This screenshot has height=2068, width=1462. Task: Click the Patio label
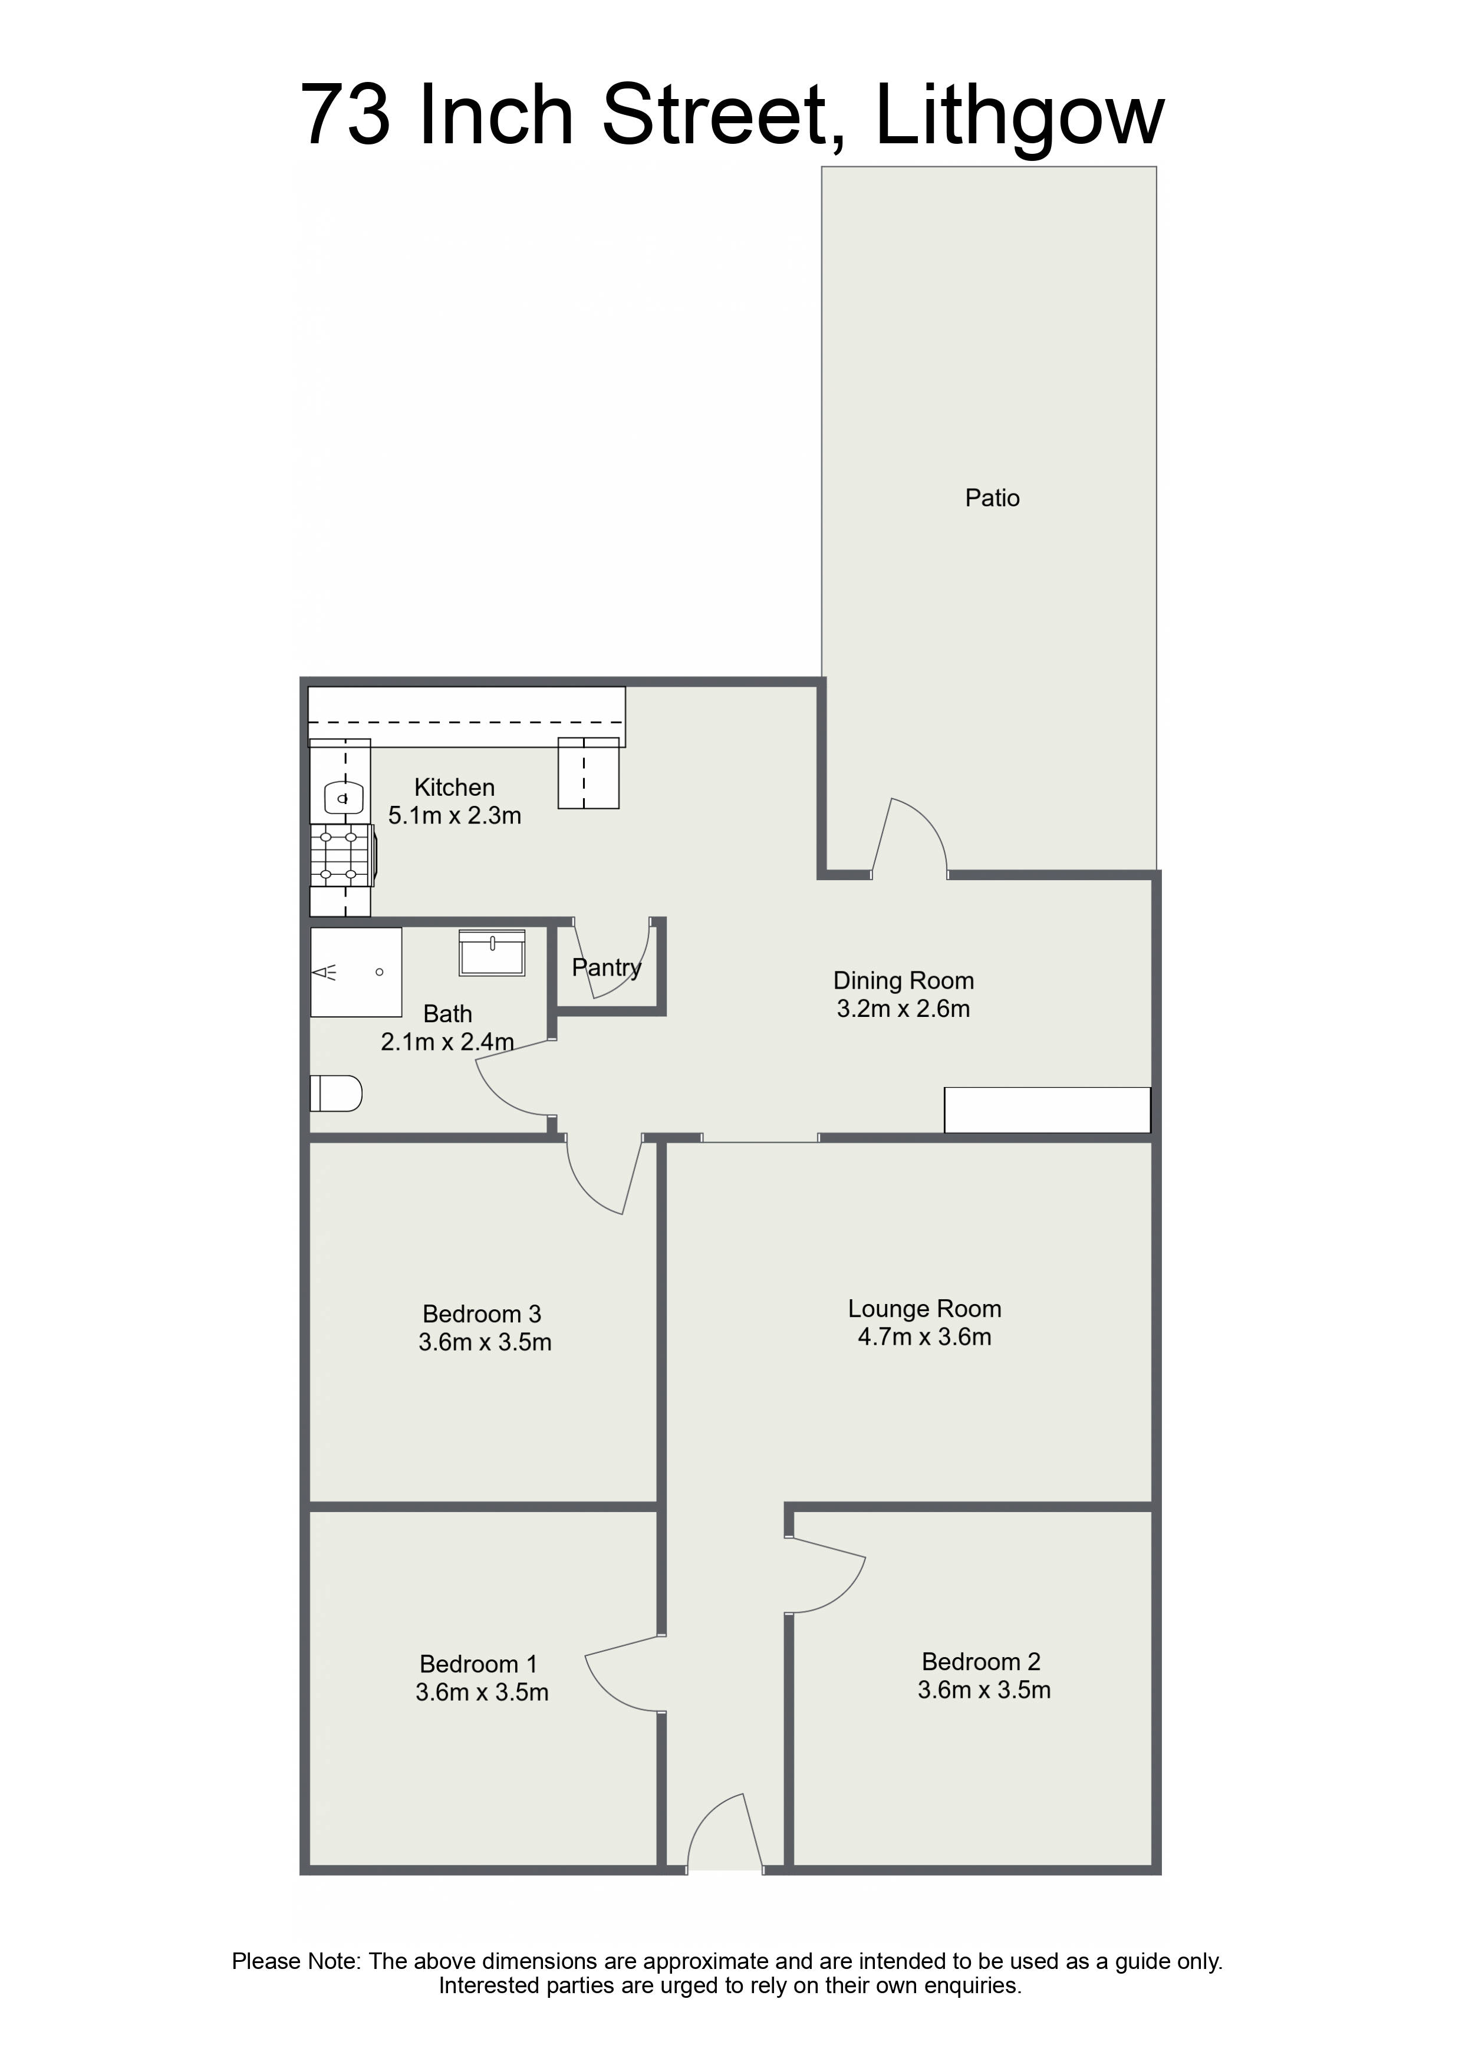pyautogui.click(x=992, y=498)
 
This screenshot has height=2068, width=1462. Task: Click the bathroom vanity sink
pyautogui.click(x=492, y=953)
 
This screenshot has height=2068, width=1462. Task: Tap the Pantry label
pyautogui.click(x=606, y=968)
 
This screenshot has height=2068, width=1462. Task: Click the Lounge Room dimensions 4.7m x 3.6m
pyautogui.click(x=924, y=1336)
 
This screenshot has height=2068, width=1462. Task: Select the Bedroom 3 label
pyautogui.click(x=482, y=1314)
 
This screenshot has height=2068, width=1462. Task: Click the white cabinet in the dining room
pyautogui.click(x=1047, y=1109)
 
